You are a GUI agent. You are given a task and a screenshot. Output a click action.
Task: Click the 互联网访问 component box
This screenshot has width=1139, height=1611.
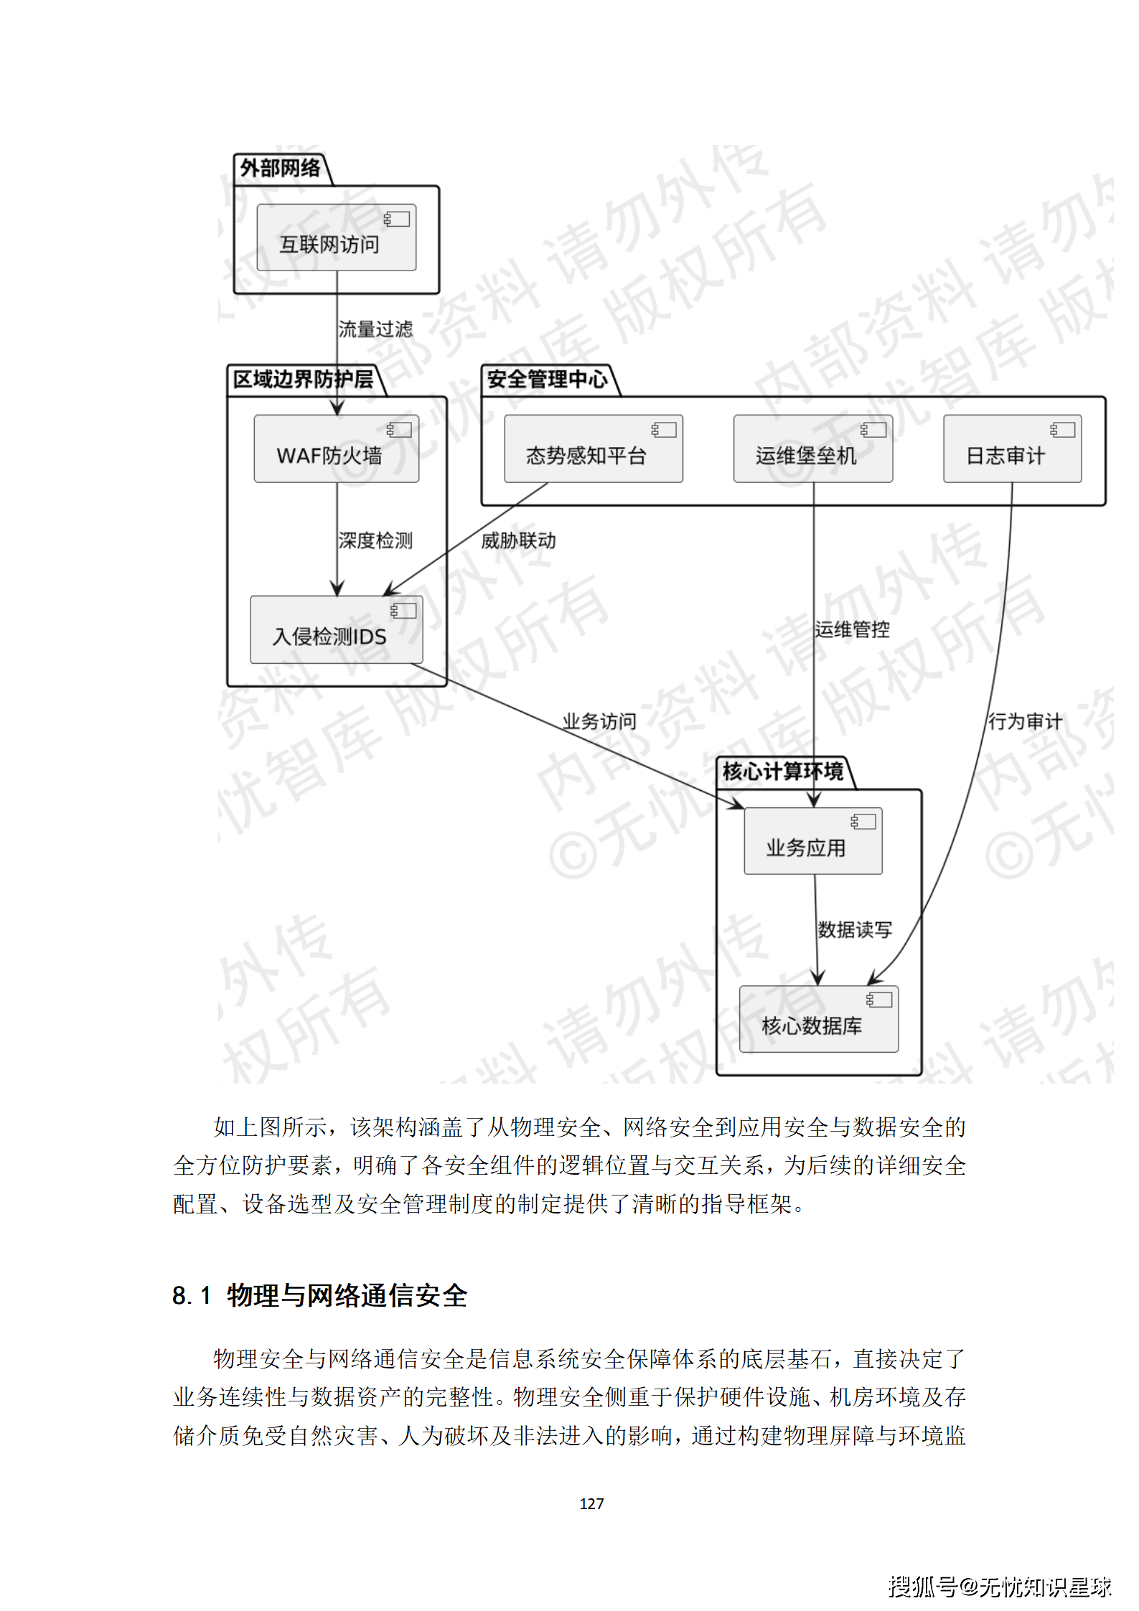click(x=336, y=238)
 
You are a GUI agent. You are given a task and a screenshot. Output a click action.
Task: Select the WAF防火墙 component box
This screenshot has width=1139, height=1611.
click(x=336, y=448)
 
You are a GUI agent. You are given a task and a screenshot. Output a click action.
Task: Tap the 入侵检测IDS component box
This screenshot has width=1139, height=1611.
click(x=336, y=629)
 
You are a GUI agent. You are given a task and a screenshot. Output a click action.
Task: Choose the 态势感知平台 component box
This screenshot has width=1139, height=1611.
click(x=593, y=448)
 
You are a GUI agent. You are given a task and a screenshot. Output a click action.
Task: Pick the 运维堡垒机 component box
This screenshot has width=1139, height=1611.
click(x=812, y=448)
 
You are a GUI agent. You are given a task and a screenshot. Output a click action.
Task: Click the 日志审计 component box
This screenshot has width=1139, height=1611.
click(x=1012, y=448)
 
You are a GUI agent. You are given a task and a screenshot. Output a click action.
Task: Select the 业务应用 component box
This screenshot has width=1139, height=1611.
click(x=812, y=841)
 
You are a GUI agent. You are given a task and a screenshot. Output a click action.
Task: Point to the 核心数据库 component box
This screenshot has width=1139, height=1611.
click(x=818, y=1019)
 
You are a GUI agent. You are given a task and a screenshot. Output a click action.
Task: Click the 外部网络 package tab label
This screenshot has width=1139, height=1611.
click(x=280, y=169)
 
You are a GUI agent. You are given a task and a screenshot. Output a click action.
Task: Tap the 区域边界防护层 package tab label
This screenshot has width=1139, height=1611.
click(x=303, y=379)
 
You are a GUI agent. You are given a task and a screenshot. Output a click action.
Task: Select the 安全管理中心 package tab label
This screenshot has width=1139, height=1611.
click(x=547, y=379)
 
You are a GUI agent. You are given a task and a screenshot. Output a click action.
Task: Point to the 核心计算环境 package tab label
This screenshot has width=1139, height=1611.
click(x=782, y=771)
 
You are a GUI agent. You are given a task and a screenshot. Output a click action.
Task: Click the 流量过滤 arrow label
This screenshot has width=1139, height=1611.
click(x=375, y=329)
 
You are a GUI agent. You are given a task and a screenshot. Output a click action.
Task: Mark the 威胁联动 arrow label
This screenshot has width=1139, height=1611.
click(x=518, y=540)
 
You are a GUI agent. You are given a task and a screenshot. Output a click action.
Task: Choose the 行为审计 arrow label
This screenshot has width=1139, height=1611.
click(x=1025, y=721)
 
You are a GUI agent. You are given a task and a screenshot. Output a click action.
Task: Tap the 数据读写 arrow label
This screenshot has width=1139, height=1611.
click(x=855, y=930)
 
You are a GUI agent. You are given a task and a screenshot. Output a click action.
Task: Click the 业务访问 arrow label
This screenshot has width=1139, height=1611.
click(x=599, y=721)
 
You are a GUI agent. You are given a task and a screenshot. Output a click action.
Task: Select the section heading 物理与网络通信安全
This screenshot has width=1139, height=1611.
click(x=347, y=1296)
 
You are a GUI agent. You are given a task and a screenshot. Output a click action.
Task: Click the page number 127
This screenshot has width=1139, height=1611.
click(x=591, y=1503)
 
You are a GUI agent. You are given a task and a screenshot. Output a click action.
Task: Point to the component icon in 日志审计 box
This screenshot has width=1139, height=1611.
click(x=1062, y=430)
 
